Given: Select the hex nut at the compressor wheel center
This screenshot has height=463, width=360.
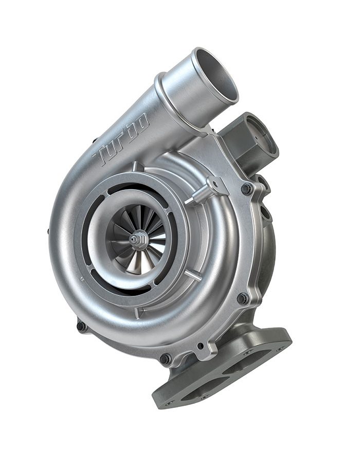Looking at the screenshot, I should click(x=138, y=239).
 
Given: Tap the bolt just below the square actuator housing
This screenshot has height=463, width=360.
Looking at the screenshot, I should click(x=247, y=189).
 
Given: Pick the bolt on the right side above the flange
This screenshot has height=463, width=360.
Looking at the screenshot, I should click(x=242, y=298).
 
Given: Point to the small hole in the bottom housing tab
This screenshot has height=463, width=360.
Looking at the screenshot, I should click(x=200, y=346).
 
